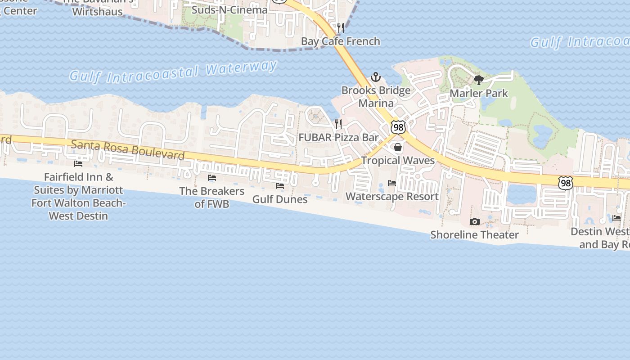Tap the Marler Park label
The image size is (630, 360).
(479, 94)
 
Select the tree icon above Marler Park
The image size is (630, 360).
(479, 80)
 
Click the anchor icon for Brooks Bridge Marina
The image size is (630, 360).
(376, 77)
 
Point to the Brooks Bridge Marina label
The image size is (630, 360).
(376, 97)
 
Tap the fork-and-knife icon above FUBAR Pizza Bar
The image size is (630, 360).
(338, 124)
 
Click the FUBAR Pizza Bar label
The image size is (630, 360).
(338, 138)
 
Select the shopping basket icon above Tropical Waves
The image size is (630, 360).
(398, 147)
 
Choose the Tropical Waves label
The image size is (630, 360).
(398, 161)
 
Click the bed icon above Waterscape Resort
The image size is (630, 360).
(392, 183)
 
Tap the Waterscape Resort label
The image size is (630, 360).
(392, 197)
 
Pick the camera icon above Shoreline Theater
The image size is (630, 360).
(475, 221)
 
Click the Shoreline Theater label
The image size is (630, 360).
(475, 235)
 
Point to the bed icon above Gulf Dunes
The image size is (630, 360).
(280, 185)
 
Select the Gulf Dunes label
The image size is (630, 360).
(280, 199)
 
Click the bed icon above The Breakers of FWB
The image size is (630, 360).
(212, 178)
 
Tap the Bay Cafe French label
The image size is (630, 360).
(341, 41)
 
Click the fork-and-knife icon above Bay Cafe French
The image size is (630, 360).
(341, 28)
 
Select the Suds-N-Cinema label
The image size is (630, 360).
(229, 9)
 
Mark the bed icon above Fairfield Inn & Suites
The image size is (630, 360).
(78, 163)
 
